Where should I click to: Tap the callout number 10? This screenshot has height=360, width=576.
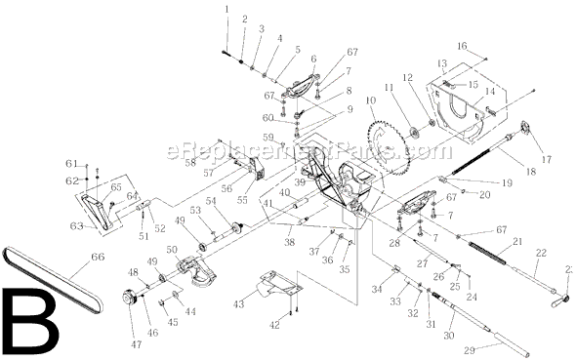(370, 100)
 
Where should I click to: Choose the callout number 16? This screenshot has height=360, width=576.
(462, 45)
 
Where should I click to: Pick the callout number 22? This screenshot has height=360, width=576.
(542, 252)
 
